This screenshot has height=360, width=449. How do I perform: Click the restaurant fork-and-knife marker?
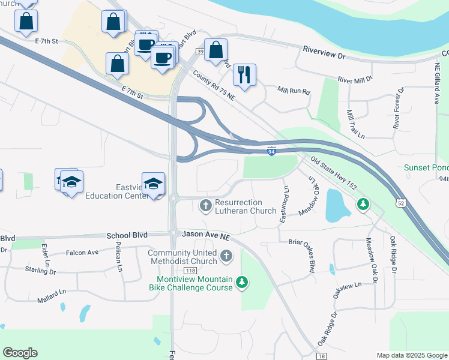[x=244, y=74]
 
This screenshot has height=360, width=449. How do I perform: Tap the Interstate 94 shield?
[x=272, y=152]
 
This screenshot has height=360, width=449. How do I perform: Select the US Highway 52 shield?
[x=400, y=203]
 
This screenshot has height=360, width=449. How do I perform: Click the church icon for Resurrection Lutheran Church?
[x=205, y=206]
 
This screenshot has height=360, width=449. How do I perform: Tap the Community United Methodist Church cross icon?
[x=227, y=257]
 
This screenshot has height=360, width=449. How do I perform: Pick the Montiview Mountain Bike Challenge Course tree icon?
[x=241, y=281]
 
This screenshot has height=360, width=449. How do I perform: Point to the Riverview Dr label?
[x=325, y=54]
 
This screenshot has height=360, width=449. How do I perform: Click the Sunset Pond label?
[x=426, y=167]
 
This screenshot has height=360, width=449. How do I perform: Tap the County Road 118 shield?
[x=190, y=272]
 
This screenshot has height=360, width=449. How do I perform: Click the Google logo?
[x=20, y=353]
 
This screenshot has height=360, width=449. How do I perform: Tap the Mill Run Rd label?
[x=294, y=91]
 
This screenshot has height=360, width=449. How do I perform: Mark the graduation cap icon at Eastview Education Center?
[x=153, y=184]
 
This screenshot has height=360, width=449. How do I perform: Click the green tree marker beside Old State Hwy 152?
[x=363, y=205]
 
